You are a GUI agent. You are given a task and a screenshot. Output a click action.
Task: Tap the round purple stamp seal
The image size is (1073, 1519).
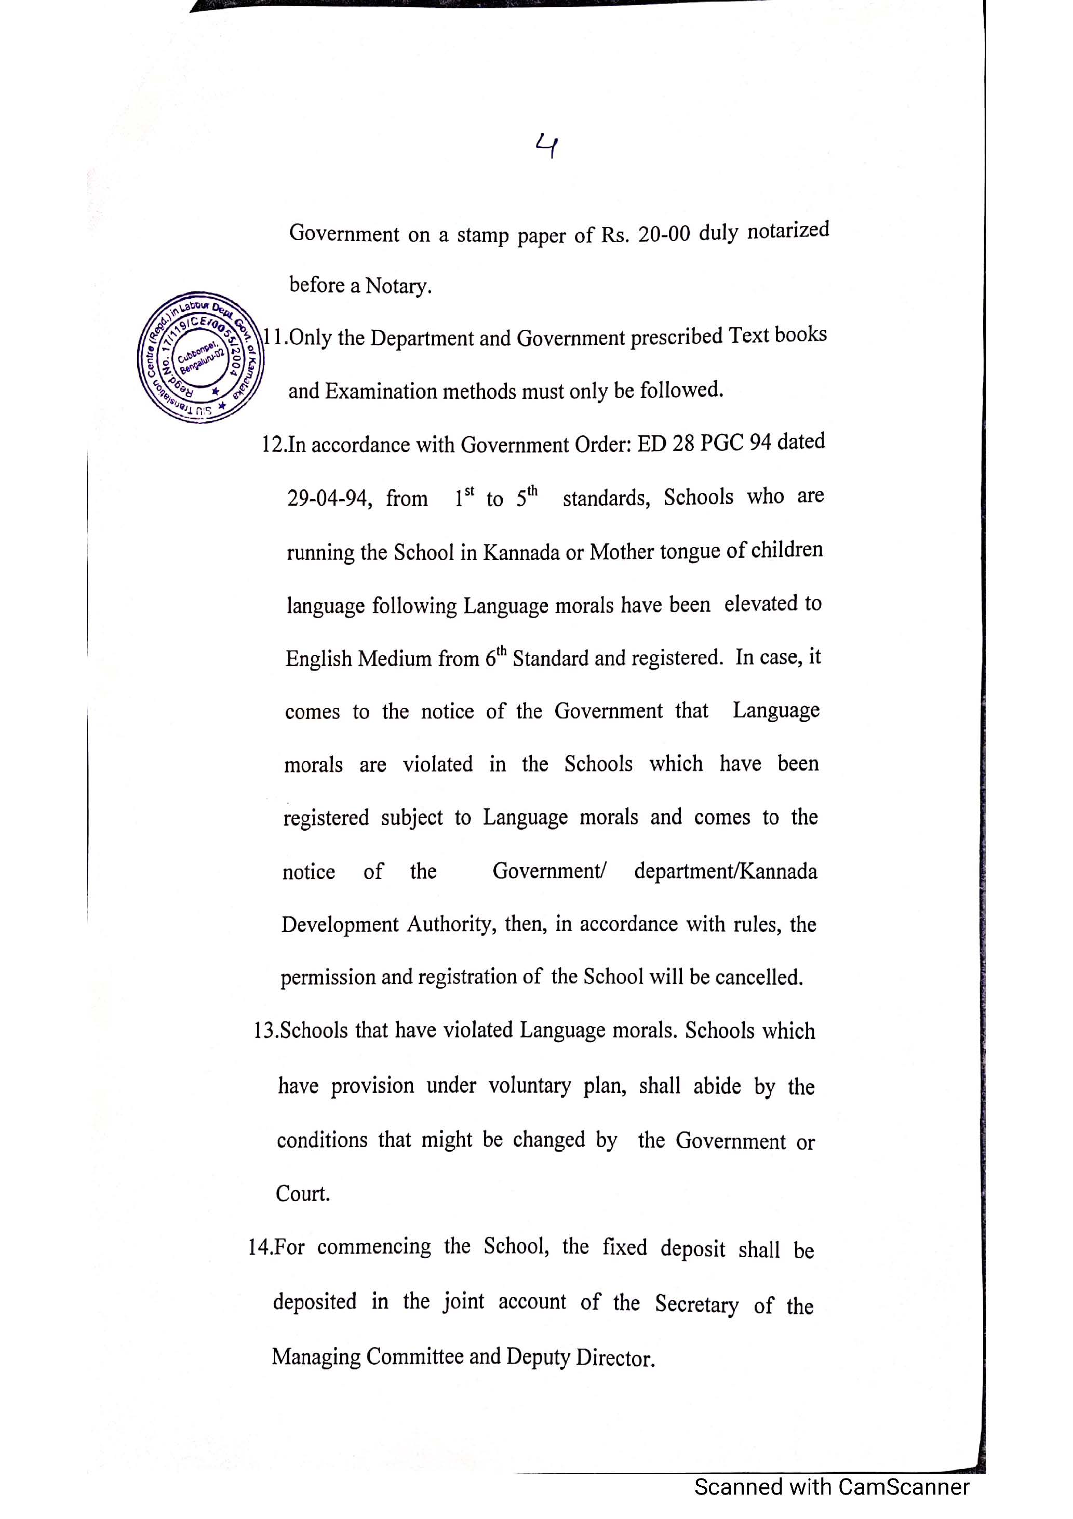pos(200,357)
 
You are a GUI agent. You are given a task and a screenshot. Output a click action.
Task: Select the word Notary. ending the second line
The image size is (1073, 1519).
pos(398,286)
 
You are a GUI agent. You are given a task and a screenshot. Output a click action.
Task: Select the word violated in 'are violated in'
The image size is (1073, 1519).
pos(437,765)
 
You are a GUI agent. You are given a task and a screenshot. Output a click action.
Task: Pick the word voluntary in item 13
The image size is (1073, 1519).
pos(529,1086)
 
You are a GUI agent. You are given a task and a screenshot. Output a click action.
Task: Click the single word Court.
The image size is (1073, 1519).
pos(302,1193)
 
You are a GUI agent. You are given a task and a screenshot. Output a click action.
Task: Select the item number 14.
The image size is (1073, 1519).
pos(259,1248)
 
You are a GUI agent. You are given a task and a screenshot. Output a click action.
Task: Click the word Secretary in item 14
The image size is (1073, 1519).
pos(696,1304)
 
